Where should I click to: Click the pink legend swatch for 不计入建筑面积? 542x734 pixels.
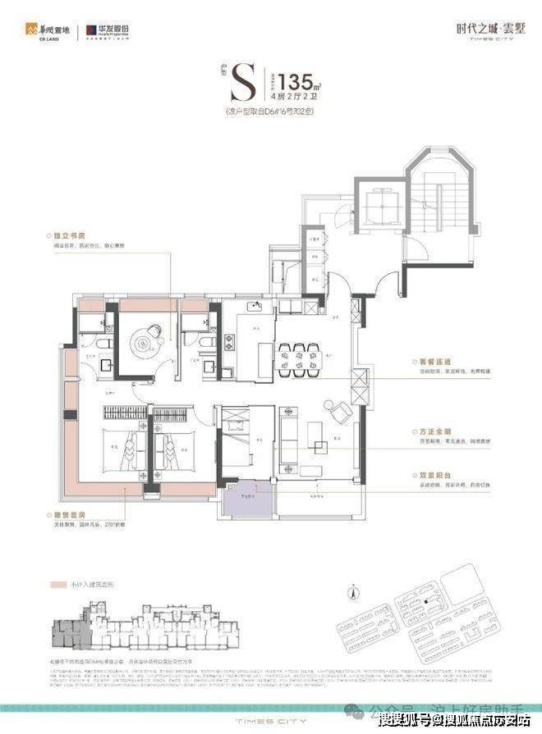pyautogui.click(x=57, y=588)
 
